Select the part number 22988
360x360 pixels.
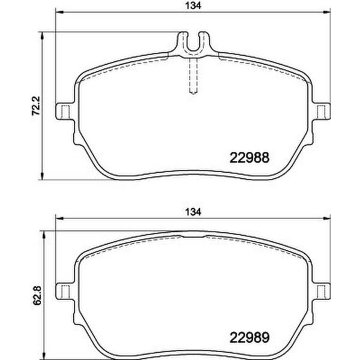(x=249, y=158)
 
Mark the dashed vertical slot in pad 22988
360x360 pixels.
(x=194, y=77)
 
